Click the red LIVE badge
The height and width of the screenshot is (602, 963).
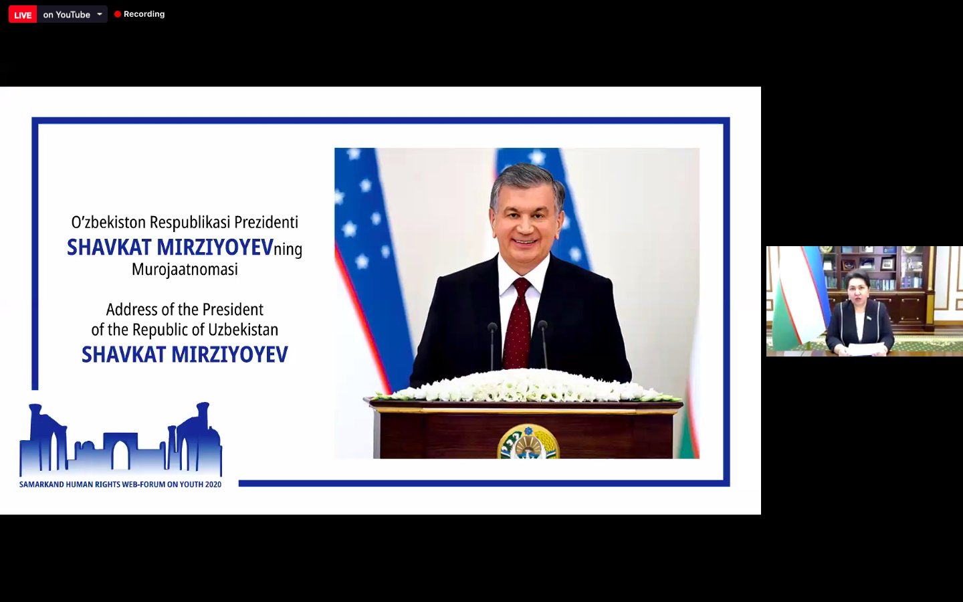click(23, 15)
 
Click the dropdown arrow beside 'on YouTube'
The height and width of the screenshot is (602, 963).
click(100, 14)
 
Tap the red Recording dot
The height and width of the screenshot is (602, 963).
click(118, 14)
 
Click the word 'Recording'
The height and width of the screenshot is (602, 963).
click(144, 14)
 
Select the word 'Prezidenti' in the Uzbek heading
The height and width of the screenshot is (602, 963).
click(266, 222)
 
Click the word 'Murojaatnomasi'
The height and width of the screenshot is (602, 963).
click(185, 270)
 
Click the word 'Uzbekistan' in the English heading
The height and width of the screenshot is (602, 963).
click(243, 330)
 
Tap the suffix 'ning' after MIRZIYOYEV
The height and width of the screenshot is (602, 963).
click(288, 249)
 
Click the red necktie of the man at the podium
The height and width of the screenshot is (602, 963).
click(518, 323)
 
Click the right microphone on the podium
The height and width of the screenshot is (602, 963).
click(544, 344)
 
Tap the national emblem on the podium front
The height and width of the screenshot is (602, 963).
click(528, 441)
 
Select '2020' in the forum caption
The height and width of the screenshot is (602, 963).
click(213, 484)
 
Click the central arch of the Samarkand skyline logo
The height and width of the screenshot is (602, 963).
click(121, 454)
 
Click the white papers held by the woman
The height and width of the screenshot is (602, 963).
click(860, 350)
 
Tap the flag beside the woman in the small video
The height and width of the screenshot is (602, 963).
click(800, 301)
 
